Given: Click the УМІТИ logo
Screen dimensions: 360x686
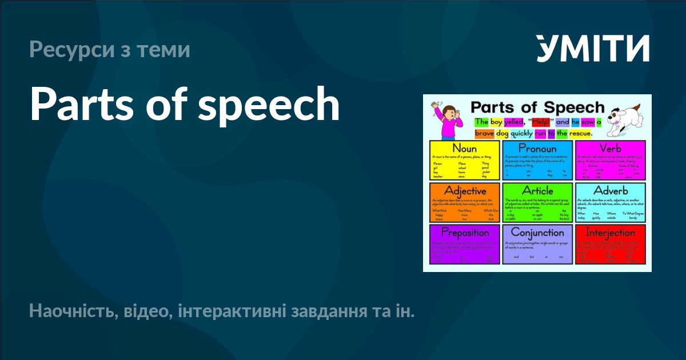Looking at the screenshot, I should click(593, 48).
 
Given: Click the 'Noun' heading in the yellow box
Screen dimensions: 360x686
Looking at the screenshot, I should click(464, 149).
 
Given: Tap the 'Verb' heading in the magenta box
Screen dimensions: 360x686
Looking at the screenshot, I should click(610, 149).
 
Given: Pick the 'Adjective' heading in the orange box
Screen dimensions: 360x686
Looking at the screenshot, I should click(465, 190).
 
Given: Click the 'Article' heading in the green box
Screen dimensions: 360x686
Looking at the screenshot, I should click(537, 190).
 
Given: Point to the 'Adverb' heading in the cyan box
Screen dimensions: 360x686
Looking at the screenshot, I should click(610, 190).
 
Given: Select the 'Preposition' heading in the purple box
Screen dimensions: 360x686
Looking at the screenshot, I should click(465, 233).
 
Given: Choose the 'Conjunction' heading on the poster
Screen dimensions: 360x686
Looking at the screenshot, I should click(537, 233).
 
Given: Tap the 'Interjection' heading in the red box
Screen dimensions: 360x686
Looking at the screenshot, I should click(610, 233).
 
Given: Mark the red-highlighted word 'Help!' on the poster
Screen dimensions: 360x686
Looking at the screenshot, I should click(540, 122).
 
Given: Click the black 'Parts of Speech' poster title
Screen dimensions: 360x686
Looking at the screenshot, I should click(537, 107).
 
